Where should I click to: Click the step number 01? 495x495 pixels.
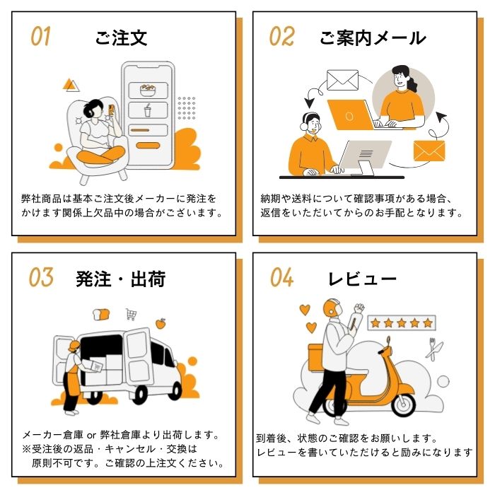click(40, 36)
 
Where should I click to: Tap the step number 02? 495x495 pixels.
click(281, 36)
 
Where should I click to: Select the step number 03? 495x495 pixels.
click(41, 277)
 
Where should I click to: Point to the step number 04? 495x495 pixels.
click(281, 277)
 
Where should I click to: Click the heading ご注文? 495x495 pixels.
click(121, 38)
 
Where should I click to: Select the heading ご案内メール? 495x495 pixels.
click(373, 38)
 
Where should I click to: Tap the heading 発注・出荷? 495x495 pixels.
click(121, 279)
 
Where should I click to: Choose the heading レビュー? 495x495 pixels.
click(362, 279)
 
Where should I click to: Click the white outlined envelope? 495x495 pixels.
click(342, 80)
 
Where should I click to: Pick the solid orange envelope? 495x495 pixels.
click(429, 151)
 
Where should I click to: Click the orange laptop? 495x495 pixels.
click(350, 115)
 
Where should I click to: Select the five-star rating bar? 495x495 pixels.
click(402, 322)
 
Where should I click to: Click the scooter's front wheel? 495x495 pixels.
click(404, 404)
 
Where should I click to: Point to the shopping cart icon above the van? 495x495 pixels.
click(131, 314)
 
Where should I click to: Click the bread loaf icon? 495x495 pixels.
click(101, 315)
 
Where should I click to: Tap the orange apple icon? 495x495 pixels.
click(161, 323)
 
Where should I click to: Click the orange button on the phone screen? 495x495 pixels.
click(148, 146)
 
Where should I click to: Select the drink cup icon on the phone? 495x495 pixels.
click(147, 110)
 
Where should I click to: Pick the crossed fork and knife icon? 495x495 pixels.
click(434, 349)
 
